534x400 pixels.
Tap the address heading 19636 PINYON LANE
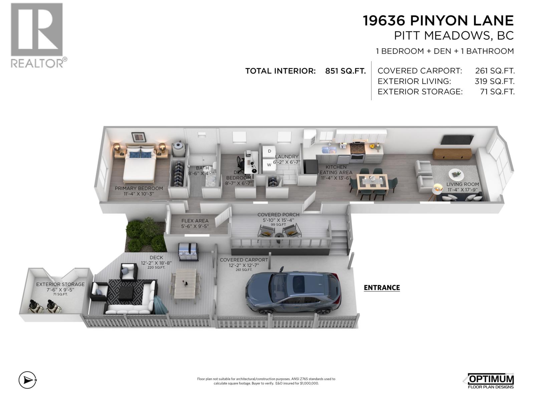tap(438, 21)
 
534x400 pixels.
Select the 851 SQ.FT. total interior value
tap(345, 71)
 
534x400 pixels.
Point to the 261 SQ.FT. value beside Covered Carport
tap(495, 71)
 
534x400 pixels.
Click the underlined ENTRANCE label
tap(381, 288)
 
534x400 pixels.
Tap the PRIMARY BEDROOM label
tap(139, 188)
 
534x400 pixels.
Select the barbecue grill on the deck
tap(189, 252)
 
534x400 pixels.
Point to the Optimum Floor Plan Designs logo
tap(489, 381)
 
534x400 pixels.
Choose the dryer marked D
tap(269, 151)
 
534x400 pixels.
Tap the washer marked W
tap(269, 164)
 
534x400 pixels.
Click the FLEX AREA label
tap(195, 221)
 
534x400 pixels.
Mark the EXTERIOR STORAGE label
tap(60, 284)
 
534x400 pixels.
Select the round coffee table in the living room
tap(456, 174)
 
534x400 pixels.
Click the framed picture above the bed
tap(139, 137)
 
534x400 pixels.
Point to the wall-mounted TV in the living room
tap(457, 140)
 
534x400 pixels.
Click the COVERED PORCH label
tap(278, 215)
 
